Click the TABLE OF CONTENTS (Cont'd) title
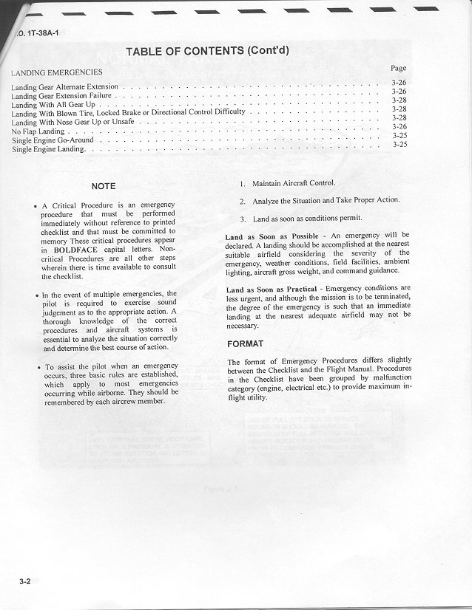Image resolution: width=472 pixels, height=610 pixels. (x=206, y=51)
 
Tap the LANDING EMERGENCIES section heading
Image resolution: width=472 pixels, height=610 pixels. (x=57, y=72)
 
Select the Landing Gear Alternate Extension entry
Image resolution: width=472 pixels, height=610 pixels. (x=64, y=87)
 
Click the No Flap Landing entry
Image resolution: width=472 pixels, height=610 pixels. (x=38, y=131)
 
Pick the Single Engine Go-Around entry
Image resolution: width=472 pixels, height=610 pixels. (x=53, y=140)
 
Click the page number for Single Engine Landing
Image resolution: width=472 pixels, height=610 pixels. (x=399, y=145)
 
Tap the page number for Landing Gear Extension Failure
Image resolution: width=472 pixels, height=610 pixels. (x=399, y=91)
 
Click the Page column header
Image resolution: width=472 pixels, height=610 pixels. (x=398, y=68)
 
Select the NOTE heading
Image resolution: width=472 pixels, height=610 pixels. (x=103, y=186)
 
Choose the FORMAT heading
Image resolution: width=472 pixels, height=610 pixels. (x=245, y=344)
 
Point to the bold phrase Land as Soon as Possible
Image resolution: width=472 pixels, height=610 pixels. (x=272, y=236)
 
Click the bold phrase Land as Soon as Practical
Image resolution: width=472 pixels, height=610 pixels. (x=274, y=289)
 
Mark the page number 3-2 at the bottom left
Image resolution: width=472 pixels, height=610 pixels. (x=25, y=581)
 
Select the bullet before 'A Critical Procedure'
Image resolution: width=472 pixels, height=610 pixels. (x=36, y=206)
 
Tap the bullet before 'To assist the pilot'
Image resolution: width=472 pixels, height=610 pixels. (x=37, y=367)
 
